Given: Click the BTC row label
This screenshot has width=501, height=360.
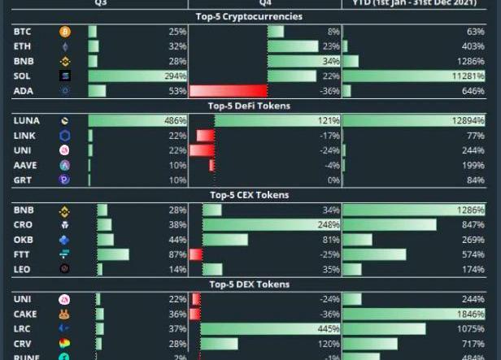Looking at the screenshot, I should pos(22,32).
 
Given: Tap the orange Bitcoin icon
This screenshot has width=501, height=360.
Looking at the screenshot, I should pos(65,32).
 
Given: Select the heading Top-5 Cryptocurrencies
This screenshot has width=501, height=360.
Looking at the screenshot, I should pos(249,16).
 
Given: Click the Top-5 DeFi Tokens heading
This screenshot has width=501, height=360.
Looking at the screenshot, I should pos(249,106).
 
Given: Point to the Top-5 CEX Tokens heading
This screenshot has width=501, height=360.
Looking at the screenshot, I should pos(249,195).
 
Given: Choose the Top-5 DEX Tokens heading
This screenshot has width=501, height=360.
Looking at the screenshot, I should pos(249,284).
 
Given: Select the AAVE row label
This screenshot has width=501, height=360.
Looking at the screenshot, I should pos(24,165).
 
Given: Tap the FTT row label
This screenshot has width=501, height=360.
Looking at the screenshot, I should pos(22,254).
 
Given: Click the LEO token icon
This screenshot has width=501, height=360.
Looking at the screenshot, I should pos(65,269).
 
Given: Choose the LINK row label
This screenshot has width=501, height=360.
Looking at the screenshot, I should pos(24,136).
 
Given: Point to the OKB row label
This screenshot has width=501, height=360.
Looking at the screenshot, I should pos(23,240).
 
